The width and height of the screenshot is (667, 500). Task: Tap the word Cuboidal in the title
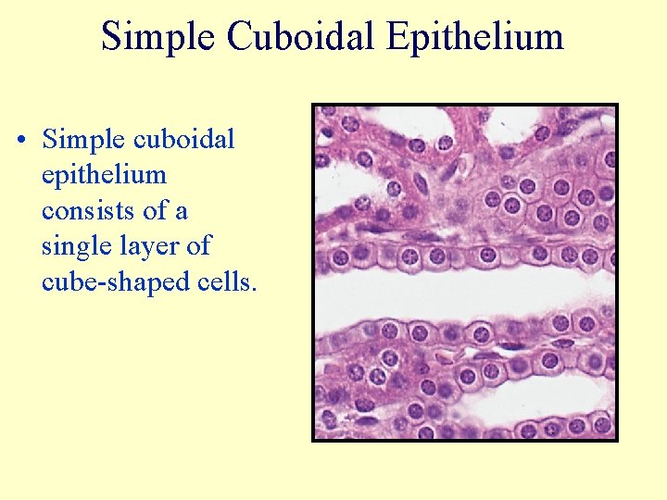(x=298, y=37)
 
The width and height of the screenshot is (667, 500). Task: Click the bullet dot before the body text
(x=21, y=141)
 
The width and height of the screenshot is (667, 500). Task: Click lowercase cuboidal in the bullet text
(x=184, y=140)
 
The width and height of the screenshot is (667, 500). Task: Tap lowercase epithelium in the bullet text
(x=104, y=175)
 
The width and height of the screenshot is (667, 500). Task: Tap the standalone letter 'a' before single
(x=182, y=211)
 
